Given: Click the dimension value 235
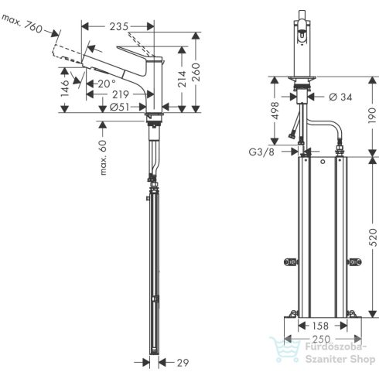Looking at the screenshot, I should (x=118, y=27).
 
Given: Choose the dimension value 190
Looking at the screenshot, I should (x=363, y=114).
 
